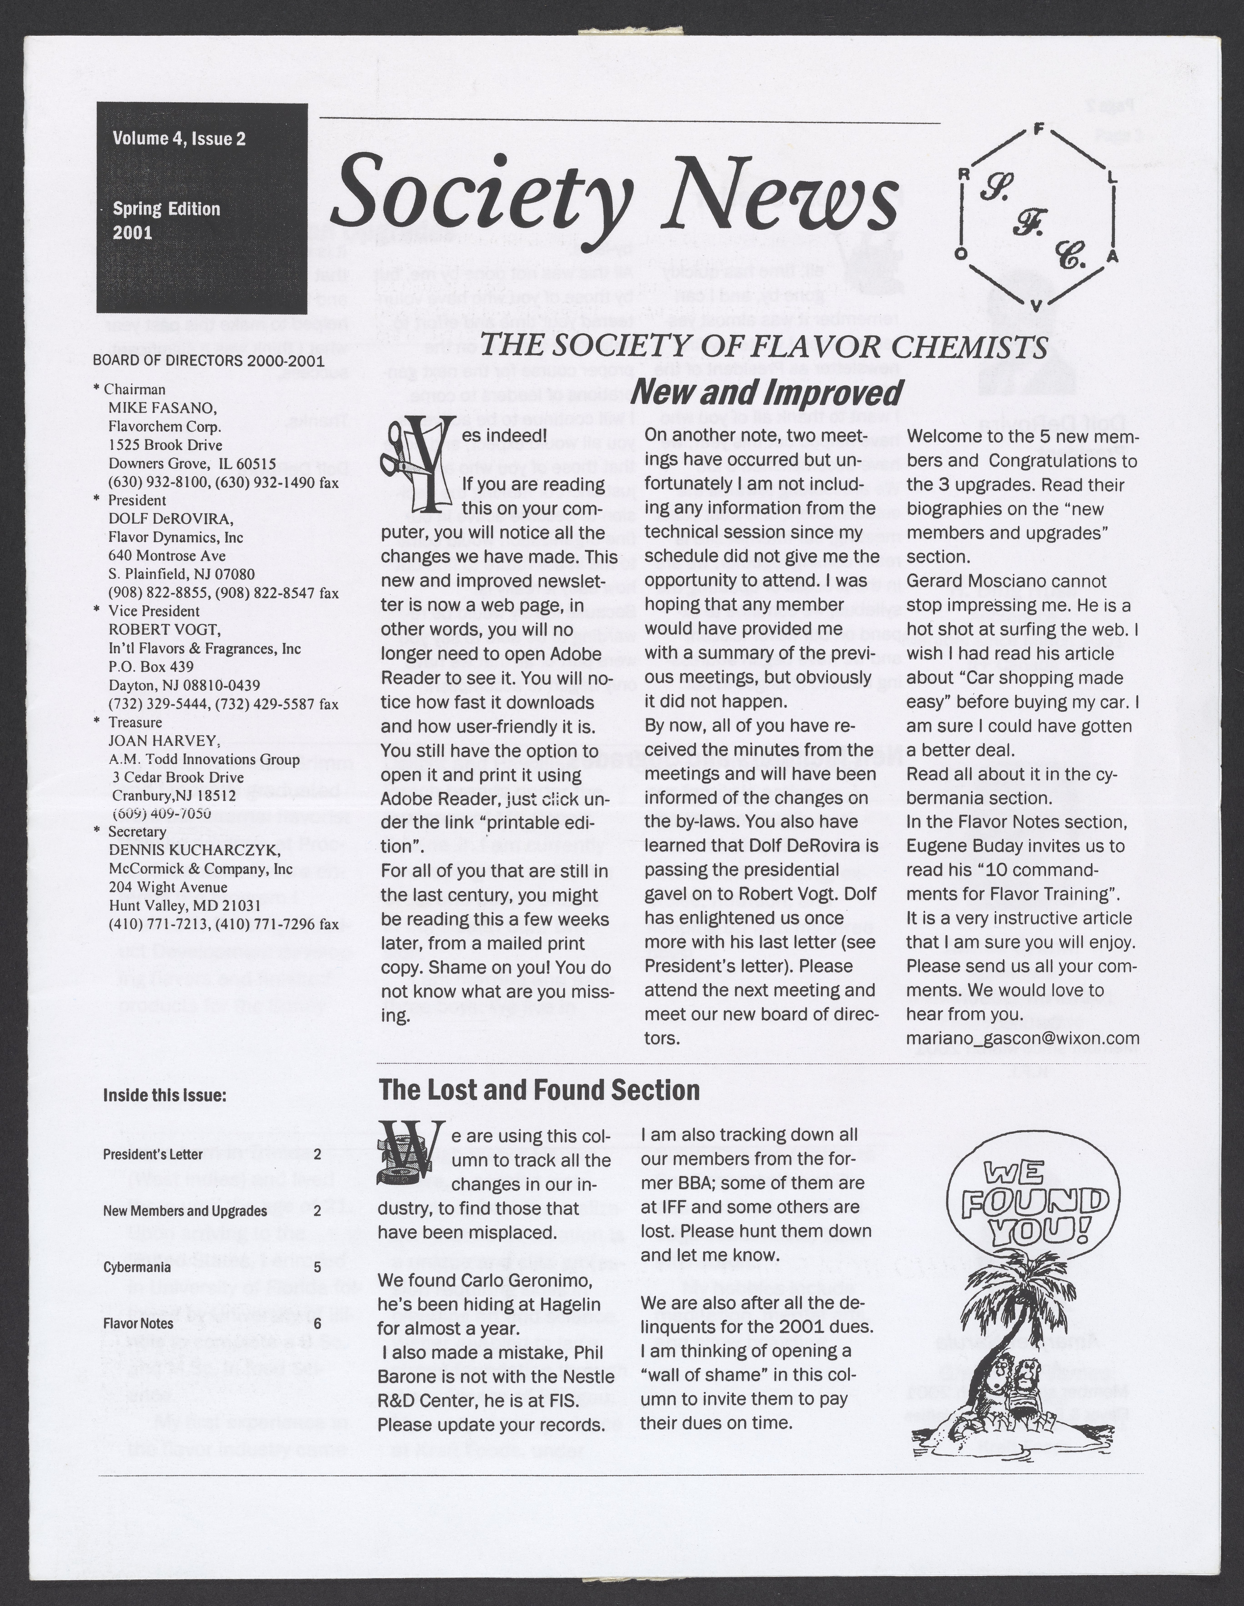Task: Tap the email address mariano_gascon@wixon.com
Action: pyautogui.click(x=1023, y=1038)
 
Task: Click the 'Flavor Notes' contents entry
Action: pyautogui.click(x=138, y=1324)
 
